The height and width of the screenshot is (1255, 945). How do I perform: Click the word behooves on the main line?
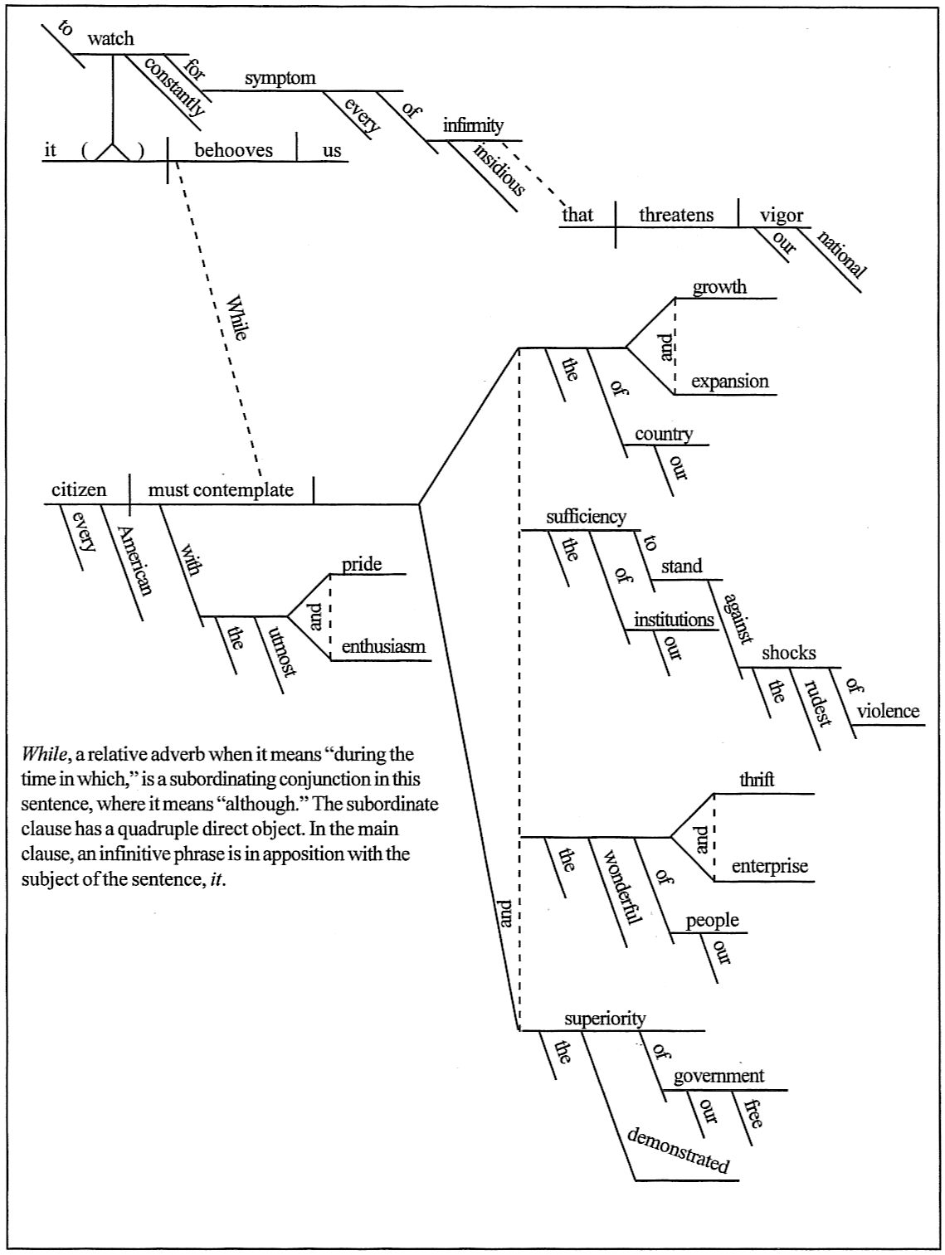[233, 150]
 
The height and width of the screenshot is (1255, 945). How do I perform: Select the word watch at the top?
[110, 38]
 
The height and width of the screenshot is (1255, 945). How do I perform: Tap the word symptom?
[280, 78]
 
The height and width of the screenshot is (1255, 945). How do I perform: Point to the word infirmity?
[473, 124]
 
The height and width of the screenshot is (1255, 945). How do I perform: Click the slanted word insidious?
[499, 170]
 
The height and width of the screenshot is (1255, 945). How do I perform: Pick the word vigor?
[782, 216]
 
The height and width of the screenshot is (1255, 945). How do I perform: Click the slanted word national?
[842, 254]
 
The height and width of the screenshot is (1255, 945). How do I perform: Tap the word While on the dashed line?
[236, 318]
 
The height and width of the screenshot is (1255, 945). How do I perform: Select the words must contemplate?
[221, 490]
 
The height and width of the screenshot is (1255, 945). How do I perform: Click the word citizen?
[79, 490]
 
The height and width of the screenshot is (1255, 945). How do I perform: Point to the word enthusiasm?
[383, 646]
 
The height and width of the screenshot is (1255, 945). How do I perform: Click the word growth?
[720, 286]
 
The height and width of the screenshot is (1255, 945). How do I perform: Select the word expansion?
[730, 382]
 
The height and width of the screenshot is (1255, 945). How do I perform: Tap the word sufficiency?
[586, 517]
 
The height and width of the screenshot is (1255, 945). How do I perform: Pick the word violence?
[888, 711]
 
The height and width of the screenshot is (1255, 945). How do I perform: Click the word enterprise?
[769, 866]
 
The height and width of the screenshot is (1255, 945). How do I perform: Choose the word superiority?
[605, 1019]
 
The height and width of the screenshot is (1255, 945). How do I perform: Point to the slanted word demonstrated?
[679, 1150]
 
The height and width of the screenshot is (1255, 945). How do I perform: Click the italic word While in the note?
[44, 754]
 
